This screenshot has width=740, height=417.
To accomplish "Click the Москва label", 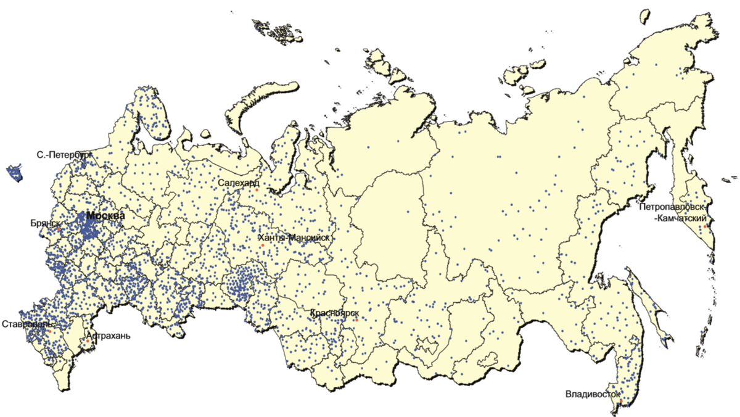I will point(105,216).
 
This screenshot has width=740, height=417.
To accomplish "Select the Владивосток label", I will point(591,393).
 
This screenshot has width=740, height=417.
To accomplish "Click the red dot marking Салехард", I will point(257,190).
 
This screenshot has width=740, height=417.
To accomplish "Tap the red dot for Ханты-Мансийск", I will point(262,246).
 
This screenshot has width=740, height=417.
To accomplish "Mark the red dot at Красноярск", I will point(356,320).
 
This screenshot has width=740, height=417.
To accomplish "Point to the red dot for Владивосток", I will point(620,405).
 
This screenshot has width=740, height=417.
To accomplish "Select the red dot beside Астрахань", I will point(88,342).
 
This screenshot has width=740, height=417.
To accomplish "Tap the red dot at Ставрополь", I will point(49,330).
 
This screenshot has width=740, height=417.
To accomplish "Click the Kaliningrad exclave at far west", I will point(14,173).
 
